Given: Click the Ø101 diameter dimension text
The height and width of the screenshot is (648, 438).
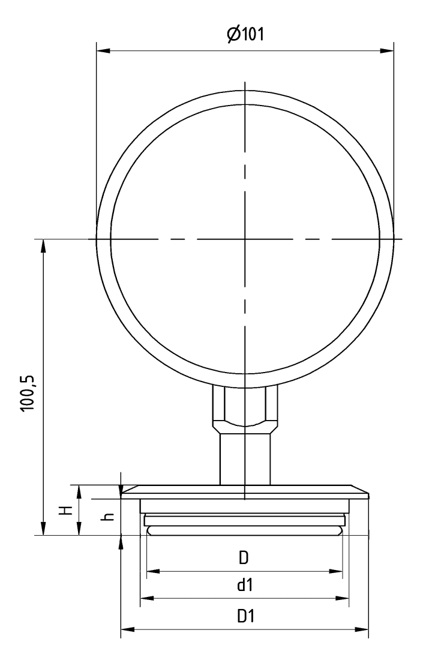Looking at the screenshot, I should tap(245, 34).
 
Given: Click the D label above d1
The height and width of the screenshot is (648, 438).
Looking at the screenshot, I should tap(244, 558).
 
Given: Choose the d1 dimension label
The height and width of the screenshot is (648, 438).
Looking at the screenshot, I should tap(244, 585).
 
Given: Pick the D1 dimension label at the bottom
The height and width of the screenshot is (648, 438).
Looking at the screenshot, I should tap(244, 616).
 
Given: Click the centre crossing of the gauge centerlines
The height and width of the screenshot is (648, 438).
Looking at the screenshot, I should tap(245, 239).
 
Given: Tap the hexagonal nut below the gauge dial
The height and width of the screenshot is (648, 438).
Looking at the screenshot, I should tap(245, 407).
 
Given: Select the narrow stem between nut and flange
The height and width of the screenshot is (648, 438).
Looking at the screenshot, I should tap(245, 459).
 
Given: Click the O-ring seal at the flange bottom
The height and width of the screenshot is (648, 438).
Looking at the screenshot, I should tap(245, 529).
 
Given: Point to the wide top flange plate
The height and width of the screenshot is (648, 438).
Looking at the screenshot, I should tap(245, 491).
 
